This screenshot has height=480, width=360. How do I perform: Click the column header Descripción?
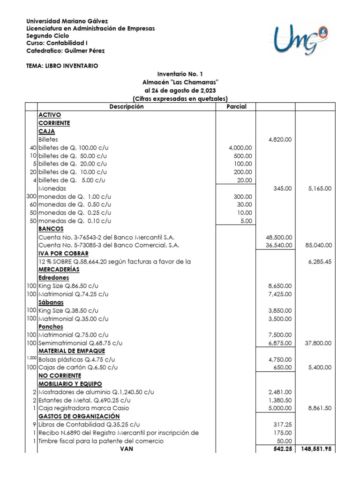(x=127, y=106)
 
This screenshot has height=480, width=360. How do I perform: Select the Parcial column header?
(x=236, y=106)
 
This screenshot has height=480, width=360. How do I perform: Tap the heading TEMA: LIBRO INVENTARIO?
(x=62, y=66)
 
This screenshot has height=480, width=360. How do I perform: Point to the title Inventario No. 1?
(x=180, y=74)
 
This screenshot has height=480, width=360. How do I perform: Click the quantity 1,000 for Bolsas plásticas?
(x=31, y=358)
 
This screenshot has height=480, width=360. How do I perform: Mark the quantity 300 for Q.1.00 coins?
(x=31, y=196)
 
